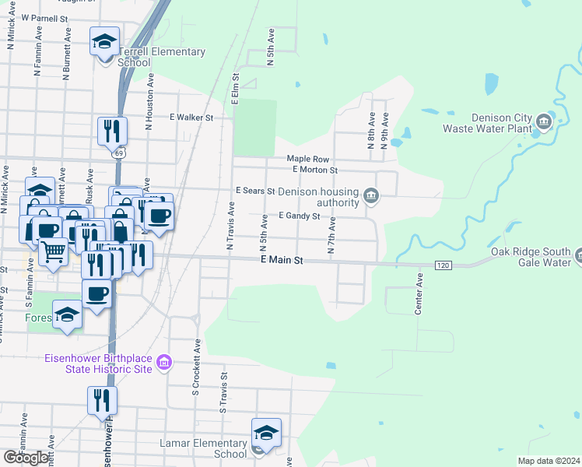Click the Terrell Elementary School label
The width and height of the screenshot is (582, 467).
pos(162,58)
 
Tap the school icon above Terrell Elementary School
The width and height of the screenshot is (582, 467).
pos(103,42)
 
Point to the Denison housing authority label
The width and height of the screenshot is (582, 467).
pos(318,197)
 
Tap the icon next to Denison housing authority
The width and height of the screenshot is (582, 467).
pos(371,195)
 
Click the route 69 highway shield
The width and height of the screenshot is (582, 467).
pos(118,153)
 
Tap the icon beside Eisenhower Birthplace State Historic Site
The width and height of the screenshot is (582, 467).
pos(163,363)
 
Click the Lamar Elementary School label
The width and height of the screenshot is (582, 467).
pos(203,448)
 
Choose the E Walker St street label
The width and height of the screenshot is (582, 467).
pos(191,118)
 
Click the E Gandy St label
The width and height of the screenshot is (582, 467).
pos(300,216)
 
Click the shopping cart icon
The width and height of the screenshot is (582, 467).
pos(52,251)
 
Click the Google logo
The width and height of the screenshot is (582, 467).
pos(26,457)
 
